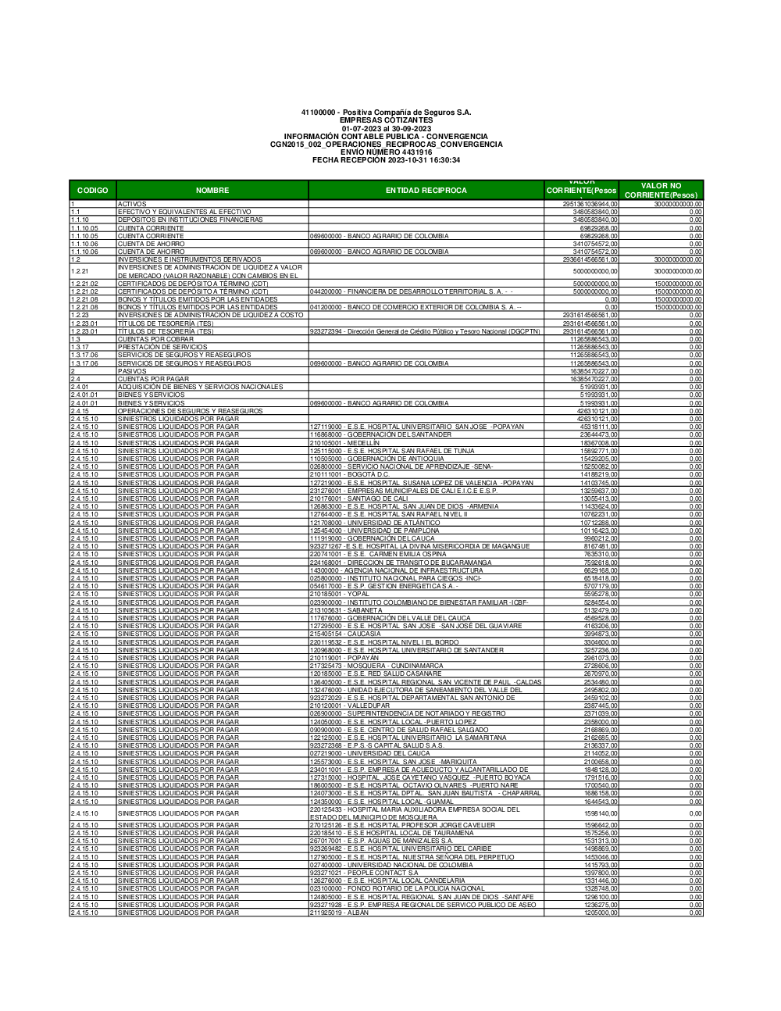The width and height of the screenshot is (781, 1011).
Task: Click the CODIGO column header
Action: (93, 190)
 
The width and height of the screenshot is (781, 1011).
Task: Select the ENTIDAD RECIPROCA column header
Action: (426, 190)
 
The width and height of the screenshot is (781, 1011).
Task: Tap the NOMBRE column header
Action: (212, 190)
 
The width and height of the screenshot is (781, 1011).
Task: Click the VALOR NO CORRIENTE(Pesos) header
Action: (665, 190)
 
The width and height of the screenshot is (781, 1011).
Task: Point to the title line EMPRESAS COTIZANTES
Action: (386, 120)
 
